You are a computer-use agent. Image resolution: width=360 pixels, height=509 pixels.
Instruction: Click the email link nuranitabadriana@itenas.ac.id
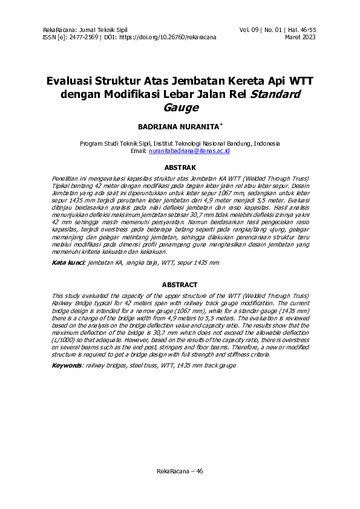click(189, 151)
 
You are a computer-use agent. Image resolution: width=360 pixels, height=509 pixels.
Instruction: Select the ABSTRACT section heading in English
click(180, 284)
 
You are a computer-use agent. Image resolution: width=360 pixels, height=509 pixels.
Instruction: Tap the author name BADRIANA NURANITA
click(179, 127)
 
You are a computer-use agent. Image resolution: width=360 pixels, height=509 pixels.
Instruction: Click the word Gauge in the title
click(180, 108)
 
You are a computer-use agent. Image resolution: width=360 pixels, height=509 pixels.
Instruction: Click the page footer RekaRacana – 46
click(180, 471)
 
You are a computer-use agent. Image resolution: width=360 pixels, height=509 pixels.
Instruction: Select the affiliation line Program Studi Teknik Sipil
click(179, 144)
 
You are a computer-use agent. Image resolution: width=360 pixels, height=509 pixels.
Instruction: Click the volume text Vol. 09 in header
click(250, 30)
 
